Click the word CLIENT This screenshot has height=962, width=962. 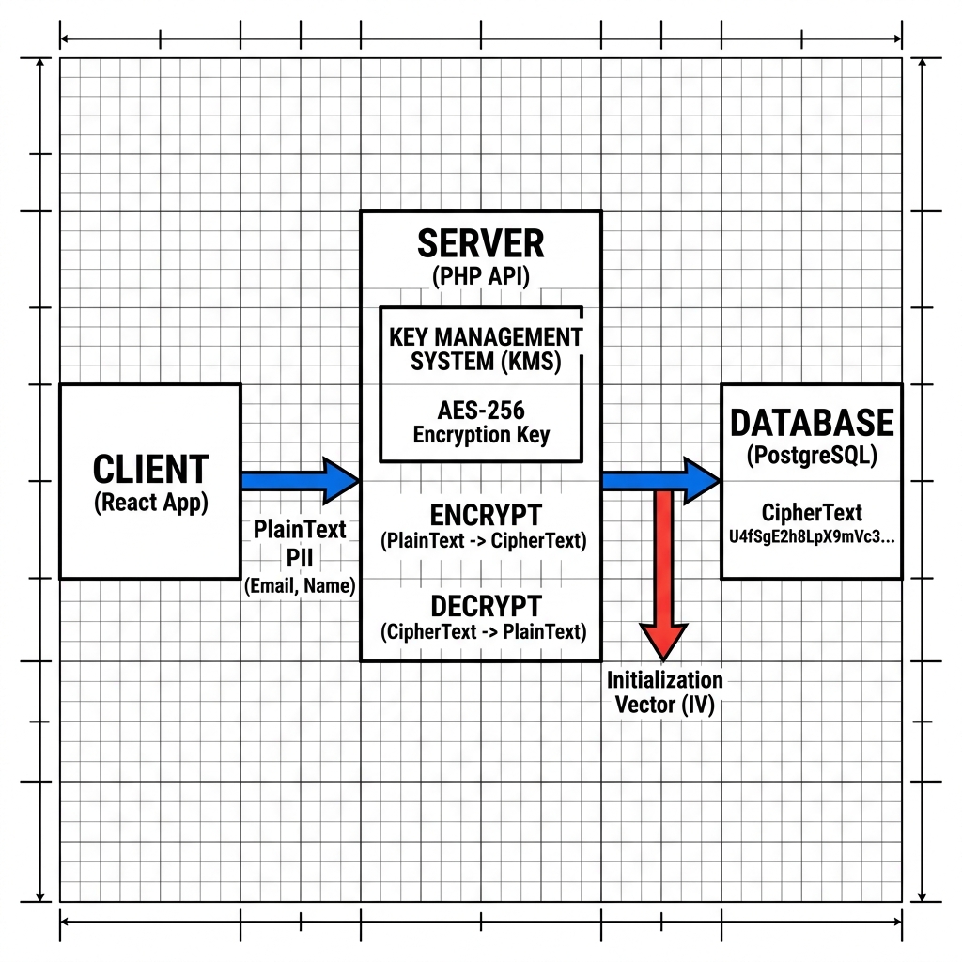coord(151,470)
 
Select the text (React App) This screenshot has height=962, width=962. coord(151,503)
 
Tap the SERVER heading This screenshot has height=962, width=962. coord(480,243)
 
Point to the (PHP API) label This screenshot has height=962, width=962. coord(480,276)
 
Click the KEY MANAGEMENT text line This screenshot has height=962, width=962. coord(486,337)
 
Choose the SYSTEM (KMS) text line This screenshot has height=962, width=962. coord(486,362)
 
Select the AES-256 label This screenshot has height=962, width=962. coord(481,410)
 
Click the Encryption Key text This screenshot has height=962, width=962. coord(481,434)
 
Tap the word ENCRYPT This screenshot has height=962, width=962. coord(486,516)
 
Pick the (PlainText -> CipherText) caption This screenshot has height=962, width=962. coord(484,540)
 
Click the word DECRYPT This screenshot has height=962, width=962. coord(486,606)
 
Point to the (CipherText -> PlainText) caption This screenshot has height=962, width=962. coord(484,631)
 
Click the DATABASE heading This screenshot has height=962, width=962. coord(812,423)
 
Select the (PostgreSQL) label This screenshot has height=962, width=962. coord(812,456)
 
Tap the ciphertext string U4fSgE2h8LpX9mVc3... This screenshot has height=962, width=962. coord(811,536)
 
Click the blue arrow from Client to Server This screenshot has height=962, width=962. coord(300,481)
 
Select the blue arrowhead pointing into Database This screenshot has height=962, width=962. coord(701,481)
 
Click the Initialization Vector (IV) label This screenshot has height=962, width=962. coord(664,692)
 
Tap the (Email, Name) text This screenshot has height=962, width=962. coord(300,586)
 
